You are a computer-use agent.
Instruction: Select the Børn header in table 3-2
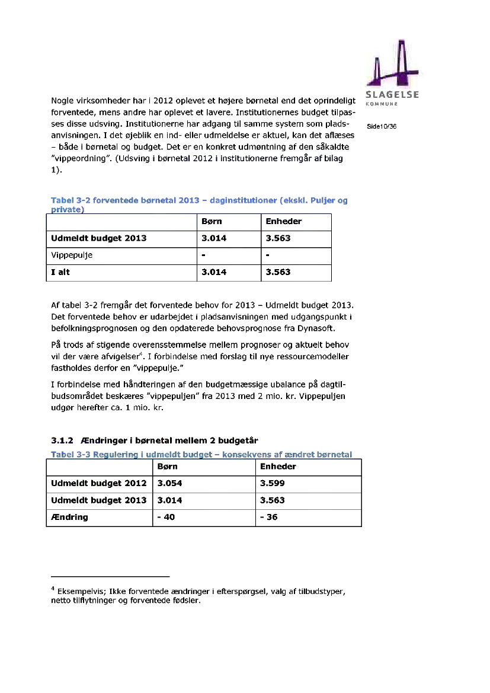[x=212, y=222]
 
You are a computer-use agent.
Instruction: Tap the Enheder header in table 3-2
[x=283, y=222]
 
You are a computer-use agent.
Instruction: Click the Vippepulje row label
[x=72, y=256]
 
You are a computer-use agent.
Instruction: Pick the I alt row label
[x=61, y=272]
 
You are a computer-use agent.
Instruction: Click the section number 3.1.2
[x=62, y=440]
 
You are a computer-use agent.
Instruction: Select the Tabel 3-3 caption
[x=201, y=455]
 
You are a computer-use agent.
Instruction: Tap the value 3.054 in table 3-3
[x=169, y=483]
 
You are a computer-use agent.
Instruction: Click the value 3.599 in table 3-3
[x=273, y=483]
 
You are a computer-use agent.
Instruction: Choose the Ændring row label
[x=69, y=517]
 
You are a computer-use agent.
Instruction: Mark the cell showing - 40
[x=166, y=517]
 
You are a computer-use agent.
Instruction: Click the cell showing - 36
[x=269, y=517]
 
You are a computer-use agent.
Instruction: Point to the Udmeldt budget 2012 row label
[x=98, y=483]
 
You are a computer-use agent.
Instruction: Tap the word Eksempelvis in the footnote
[x=80, y=592]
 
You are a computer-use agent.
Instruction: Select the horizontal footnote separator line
[x=110, y=576]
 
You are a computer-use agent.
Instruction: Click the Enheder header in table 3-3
[x=278, y=467]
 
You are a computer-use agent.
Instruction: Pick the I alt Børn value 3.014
[x=214, y=272]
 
